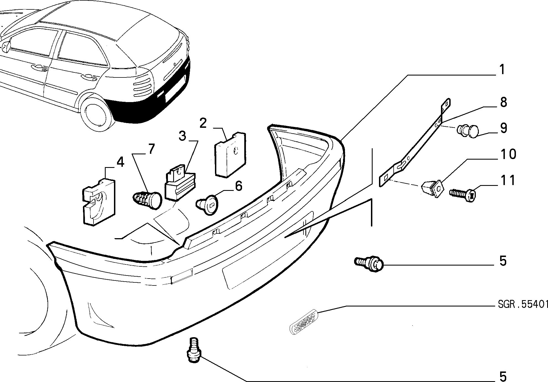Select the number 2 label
[203, 123]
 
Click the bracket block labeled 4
[99, 202]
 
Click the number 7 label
[151, 150]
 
